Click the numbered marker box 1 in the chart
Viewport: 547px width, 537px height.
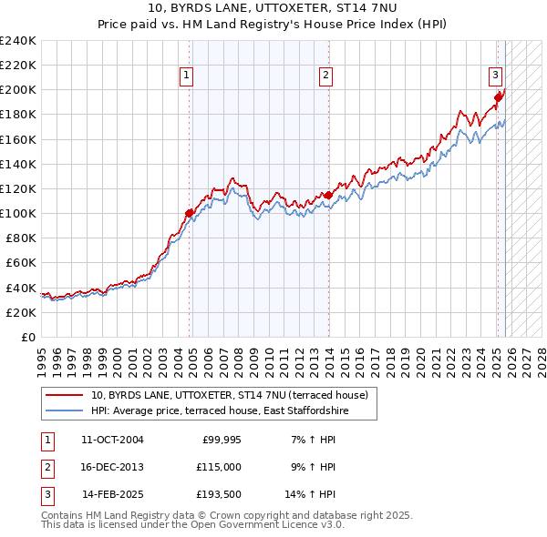tap(186, 76)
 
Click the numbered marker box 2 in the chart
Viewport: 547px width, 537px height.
tap(325, 76)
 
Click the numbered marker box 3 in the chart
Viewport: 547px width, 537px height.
tap(494, 76)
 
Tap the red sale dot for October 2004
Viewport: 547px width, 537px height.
tap(190, 213)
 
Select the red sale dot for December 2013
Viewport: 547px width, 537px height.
tap(328, 194)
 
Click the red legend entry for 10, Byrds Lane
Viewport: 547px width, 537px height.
tap(229, 395)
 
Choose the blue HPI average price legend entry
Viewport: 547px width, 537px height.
tap(219, 411)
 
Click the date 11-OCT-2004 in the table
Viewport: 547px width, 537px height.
tap(112, 440)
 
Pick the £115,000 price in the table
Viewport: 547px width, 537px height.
tap(219, 467)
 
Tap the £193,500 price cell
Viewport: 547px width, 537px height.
tap(219, 494)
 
